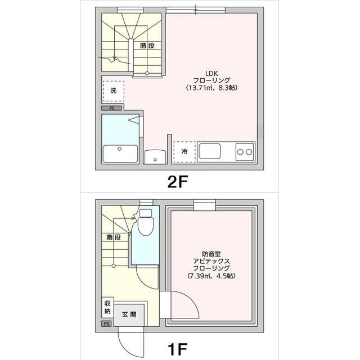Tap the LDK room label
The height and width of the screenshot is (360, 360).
point(211,73)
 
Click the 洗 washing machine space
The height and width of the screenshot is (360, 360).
point(113,91)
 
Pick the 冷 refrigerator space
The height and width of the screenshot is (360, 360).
point(184,151)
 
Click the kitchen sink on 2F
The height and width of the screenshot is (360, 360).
point(210,151)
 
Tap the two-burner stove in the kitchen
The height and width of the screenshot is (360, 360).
point(244,151)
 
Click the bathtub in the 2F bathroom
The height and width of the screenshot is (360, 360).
point(120,153)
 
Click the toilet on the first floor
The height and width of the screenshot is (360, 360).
point(146,224)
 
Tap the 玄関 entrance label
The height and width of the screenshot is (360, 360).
point(129,314)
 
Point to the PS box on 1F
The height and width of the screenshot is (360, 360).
point(106,323)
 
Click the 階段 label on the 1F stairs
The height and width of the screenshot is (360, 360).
point(113,237)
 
